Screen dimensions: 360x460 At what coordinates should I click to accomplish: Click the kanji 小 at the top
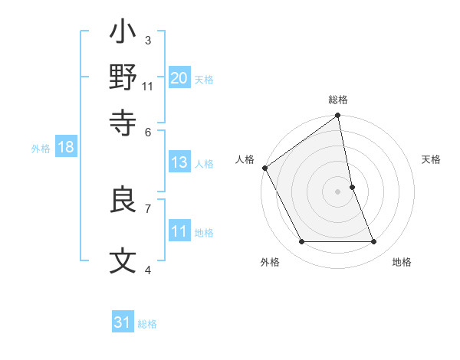123,34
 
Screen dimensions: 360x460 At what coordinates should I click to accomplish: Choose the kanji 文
123,261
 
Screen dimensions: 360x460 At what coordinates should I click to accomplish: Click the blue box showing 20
179,77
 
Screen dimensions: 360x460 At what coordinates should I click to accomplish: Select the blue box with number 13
179,162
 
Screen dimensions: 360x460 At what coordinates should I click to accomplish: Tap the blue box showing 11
179,231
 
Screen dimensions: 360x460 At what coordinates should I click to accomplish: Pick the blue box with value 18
66,147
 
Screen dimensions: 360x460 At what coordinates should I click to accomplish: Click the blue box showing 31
123,322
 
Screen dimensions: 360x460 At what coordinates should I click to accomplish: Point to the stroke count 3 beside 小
148,40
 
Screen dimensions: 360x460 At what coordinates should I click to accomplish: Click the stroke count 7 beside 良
148,208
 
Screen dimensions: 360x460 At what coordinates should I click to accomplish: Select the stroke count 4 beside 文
148,270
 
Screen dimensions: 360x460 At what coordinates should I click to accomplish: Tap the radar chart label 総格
338,100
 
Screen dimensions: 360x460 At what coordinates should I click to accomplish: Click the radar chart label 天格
431,159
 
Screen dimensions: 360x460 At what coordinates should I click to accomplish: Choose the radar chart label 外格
270,263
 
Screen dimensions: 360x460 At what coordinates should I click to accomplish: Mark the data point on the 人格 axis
264,168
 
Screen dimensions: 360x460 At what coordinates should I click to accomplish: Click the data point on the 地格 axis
374,242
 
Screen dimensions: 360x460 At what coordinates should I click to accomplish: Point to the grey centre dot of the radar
338,191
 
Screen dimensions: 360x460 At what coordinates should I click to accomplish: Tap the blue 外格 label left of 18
40,148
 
